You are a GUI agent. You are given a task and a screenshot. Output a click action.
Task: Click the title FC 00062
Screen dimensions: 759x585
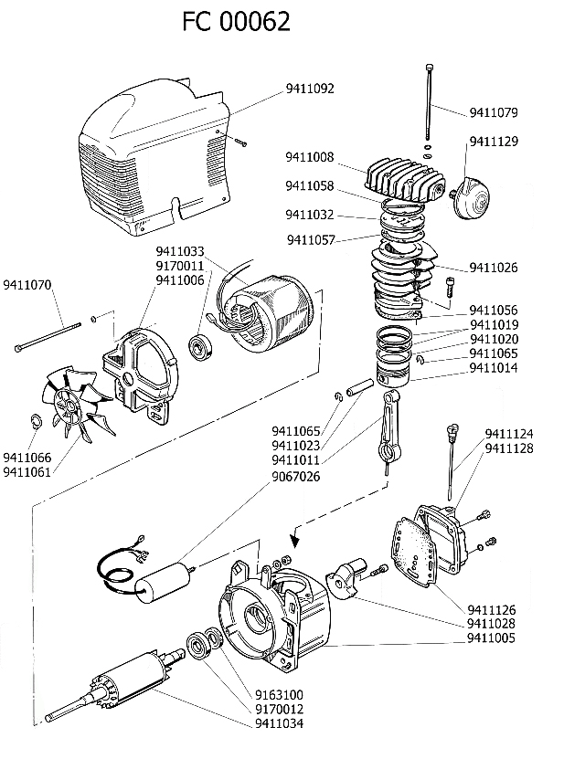click(237, 21)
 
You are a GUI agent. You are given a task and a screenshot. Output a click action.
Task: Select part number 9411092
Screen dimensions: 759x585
click(310, 89)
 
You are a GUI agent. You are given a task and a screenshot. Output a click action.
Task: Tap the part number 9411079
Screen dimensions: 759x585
click(494, 113)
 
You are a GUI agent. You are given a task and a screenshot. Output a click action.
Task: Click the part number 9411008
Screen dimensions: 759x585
click(309, 156)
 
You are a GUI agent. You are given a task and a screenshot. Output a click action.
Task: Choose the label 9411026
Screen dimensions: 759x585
click(494, 268)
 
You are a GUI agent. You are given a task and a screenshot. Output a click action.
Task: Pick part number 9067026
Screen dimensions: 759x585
click(296, 475)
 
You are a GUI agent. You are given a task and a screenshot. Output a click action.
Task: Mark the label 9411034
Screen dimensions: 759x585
click(279, 723)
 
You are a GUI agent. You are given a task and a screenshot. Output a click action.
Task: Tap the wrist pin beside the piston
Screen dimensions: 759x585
click(356, 387)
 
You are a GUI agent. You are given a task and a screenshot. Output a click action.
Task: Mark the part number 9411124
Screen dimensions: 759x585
click(509, 433)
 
